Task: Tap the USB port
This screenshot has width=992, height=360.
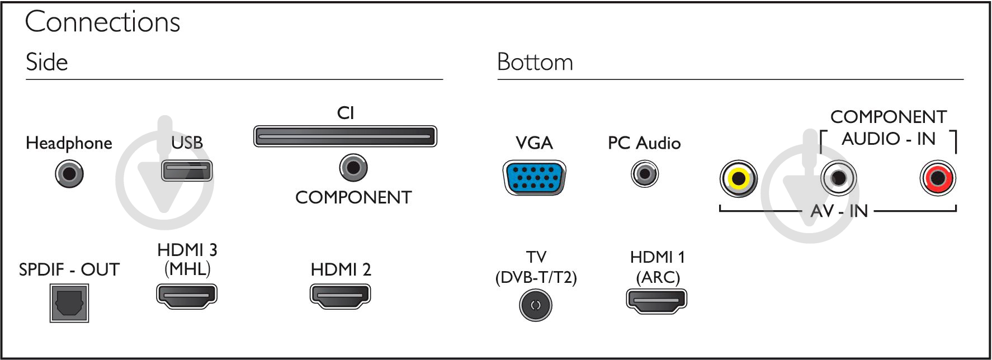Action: click(x=187, y=170)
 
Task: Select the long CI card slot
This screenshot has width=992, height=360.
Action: click(x=345, y=136)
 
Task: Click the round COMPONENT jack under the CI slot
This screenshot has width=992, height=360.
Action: click(x=353, y=167)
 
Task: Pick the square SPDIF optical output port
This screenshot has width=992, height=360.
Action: click(x=69, y=303)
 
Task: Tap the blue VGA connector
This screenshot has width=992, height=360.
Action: click(x=535, y=178)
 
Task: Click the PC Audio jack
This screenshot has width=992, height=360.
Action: click(x=645, y=174)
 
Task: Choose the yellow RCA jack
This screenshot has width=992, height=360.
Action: click(x=739, y=178)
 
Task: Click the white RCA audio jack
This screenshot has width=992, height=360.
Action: click(x=838, y=178)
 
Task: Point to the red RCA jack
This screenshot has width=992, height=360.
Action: click(x=938, y=178)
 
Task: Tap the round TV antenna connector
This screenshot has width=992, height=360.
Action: click(x=536, y=305)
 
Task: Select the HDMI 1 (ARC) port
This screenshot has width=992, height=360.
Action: click(x=656, y=301)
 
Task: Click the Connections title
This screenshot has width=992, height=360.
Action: click(x=103, y=22)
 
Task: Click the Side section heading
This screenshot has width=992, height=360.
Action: click(x=47, y=62)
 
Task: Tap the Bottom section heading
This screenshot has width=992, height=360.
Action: click(x=535, y=62)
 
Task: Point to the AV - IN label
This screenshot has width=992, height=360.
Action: click(x=839, y=211)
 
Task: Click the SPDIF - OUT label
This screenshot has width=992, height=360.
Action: click(x=69, y=269)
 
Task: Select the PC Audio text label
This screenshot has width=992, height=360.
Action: click(x=644, y=143)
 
